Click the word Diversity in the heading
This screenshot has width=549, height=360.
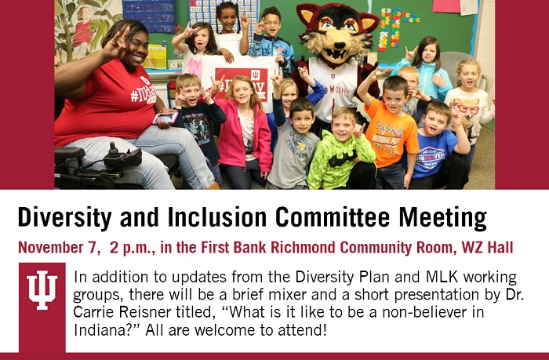65,218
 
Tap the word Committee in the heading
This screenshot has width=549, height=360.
333,217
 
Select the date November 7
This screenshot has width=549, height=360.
57,248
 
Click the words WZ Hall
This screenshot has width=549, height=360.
487,247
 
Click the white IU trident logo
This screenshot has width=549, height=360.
42,289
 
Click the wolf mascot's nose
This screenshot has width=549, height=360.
337,45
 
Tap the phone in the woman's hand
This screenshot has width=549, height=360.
165,118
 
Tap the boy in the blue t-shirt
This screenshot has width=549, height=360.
436,147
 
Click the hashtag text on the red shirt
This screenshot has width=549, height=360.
143,95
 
